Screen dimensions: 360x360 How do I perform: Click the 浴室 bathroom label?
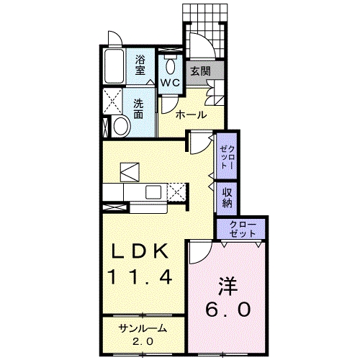click(140, 67)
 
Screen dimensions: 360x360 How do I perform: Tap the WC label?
click(170, 83)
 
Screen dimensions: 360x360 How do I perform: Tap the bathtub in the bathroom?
click(114, 68)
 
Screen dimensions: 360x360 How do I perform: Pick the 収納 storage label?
click(227, 197)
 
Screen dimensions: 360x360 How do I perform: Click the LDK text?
click(140, 251)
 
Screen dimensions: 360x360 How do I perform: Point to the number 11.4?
click(140, 276)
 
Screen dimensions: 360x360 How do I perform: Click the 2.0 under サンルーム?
click(143, 341)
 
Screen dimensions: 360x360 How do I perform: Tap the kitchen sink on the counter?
click(154, 192)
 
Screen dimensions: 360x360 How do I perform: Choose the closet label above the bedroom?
click(242, 230)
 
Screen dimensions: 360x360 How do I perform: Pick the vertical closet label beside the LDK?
click(227, 154)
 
